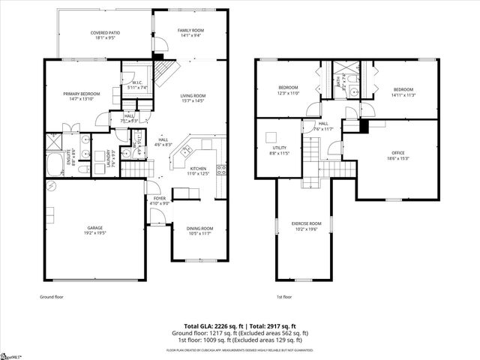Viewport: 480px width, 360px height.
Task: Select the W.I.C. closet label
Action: [136, 85]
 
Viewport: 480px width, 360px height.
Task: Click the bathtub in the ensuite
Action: [55, 163]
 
